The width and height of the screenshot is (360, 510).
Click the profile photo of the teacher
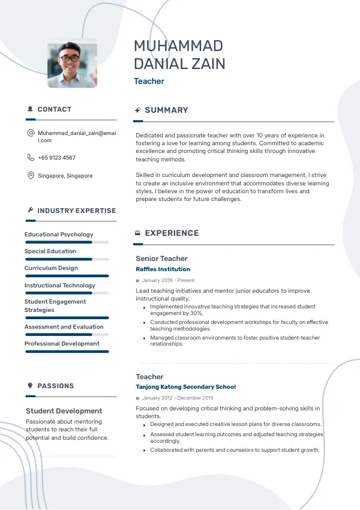[x=72, y=64]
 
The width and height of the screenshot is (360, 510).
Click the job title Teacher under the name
[x=149, y=82]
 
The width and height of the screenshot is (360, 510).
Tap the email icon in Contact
[x=31, y=133]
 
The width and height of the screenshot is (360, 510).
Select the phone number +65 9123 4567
[x=56, y=158]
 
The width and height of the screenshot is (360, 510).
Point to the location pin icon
[x=31, y=176]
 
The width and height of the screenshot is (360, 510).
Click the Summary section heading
[x=166, y=110]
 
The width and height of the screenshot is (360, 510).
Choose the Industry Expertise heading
[x=76, y=211]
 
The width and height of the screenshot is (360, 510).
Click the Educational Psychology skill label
[x=59, y=235]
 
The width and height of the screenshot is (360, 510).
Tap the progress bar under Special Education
[x=67, y=259]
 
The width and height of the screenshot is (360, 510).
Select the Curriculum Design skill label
[x=51, y=268]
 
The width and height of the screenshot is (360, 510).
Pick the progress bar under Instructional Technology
[x=67, y=293]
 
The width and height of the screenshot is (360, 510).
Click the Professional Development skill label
[x=62, y=344]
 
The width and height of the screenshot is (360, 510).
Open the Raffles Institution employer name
[x=163, y=269]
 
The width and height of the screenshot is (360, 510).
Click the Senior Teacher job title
[x=161, y=259]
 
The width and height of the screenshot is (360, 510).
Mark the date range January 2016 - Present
[x=168, y=280]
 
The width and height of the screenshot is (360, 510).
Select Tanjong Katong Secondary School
[x=185, y=387]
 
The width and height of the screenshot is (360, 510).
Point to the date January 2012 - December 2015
[x=178, y=398]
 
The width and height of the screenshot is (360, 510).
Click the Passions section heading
[x=55, y=386]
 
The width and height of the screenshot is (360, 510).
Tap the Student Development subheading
[x=64, y=411]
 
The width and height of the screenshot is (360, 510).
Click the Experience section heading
[x=172, y=233]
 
